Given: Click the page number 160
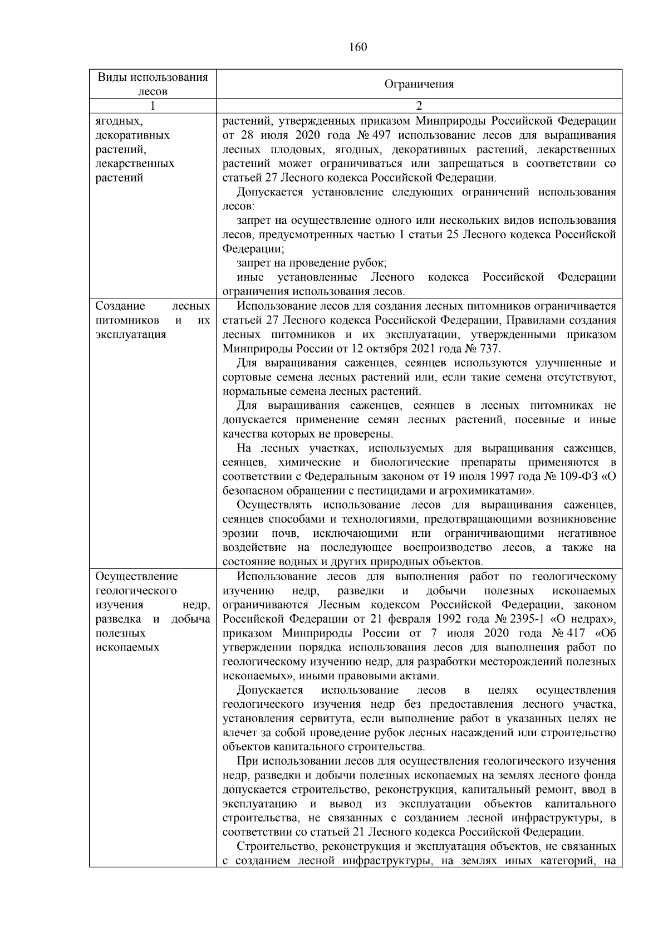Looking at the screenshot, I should pyautogui.click(x=358, y=47).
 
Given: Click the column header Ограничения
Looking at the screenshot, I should pyautogui.click(x=419, y=84).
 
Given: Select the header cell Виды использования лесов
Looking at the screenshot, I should pyautogui.click(x=153, y=84).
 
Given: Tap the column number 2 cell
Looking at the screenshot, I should pyautogui.click(x=419, y=106).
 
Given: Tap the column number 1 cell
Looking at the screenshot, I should pyautogui.click(x=153, y=106).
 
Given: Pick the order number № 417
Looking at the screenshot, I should pyautogui.click(x=568, y=633).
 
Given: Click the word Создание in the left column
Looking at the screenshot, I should pyautogui.click(x=120, y=306).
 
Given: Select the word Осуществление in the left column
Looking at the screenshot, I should pyautogui.click(x=136, y=576).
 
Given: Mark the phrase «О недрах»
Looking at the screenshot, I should pyautogui.click(x=589, y=619).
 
